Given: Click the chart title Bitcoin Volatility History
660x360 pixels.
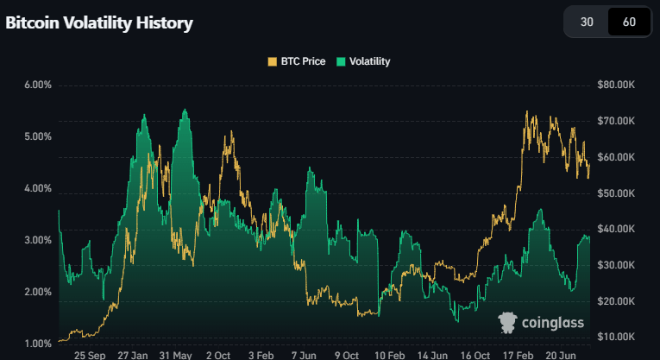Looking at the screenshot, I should [x=99, y=23].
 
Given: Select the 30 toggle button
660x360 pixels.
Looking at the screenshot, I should [x=587, y=22].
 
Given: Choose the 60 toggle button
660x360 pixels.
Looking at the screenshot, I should [x=629, y=22].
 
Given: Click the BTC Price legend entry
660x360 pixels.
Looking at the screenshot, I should [x=296, y=61].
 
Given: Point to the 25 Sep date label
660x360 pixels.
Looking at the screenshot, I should [x=90, y=355].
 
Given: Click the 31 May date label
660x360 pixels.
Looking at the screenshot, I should [x=176, y=355].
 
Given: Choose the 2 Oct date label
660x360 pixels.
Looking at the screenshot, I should [x=218, y=355].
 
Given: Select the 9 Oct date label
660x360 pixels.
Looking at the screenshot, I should [x=346, y=355].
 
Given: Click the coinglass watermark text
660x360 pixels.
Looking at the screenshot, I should [x=553, y=323].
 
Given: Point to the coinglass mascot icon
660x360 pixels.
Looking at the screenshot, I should [x=508, y=322].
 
